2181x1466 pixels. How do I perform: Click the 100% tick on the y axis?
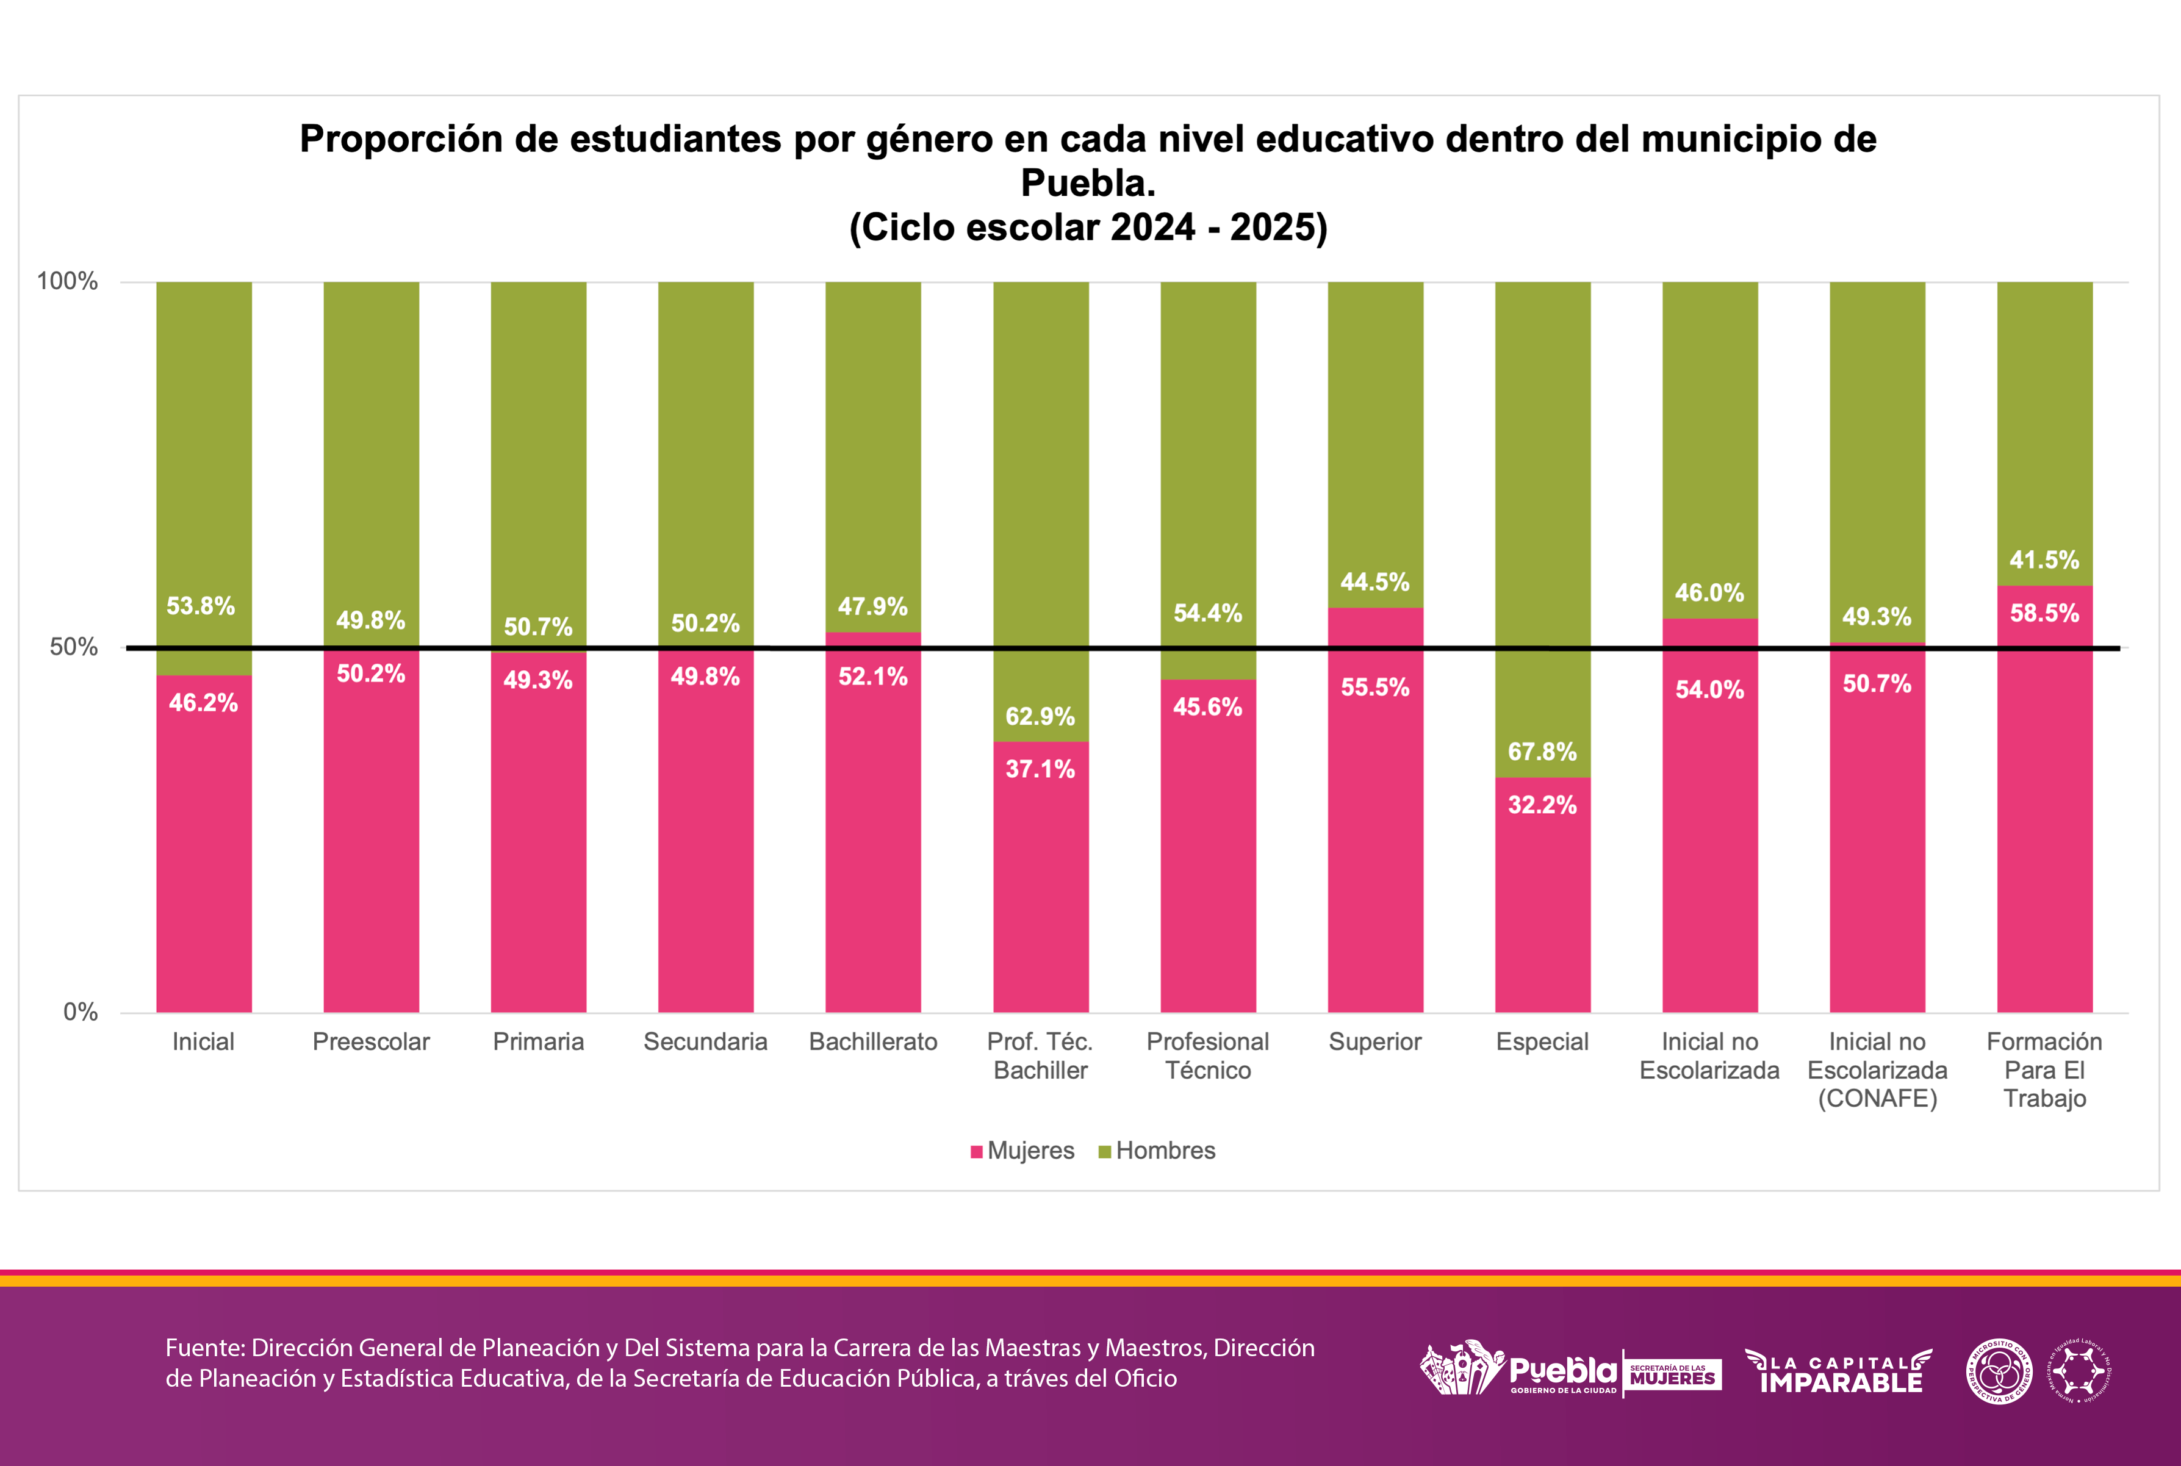point(66,281)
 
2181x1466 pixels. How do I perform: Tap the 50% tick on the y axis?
point(73,647)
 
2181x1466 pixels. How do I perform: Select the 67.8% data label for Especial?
point(1542,752)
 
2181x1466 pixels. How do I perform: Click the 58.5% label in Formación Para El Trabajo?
point(2044,613)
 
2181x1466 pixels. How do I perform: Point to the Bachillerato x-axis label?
point(873,1041)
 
